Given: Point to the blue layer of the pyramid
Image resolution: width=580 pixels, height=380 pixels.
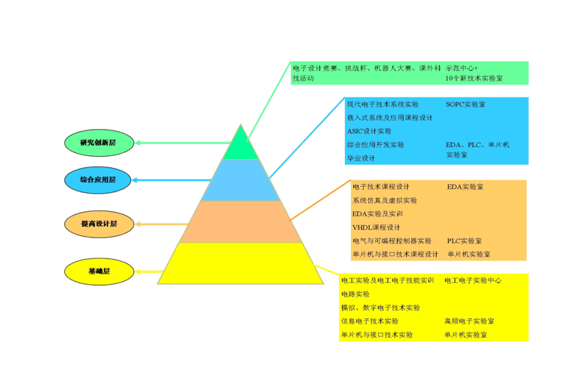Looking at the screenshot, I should [241, 180].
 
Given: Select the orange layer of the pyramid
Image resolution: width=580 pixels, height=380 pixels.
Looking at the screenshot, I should [241, 222].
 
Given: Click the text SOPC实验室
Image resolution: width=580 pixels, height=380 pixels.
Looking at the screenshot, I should [466, 104].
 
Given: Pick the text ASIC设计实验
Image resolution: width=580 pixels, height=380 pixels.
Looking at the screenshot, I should [365, 131].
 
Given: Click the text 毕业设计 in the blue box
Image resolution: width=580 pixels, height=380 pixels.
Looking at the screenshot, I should [361, 158].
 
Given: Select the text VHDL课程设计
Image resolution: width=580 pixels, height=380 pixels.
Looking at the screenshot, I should [376, 227].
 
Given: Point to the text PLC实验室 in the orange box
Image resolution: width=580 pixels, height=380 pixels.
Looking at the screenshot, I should [465, 241].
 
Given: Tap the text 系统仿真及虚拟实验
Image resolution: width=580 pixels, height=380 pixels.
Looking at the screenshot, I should [384, 201].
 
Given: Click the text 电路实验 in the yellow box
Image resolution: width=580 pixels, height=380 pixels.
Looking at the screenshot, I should [355, 294].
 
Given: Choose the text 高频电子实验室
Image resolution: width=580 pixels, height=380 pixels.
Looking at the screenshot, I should [469, 321].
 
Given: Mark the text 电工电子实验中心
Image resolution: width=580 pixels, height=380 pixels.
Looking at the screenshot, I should [472, 280].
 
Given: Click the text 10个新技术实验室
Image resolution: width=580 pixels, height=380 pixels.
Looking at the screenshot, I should [474, 78].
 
